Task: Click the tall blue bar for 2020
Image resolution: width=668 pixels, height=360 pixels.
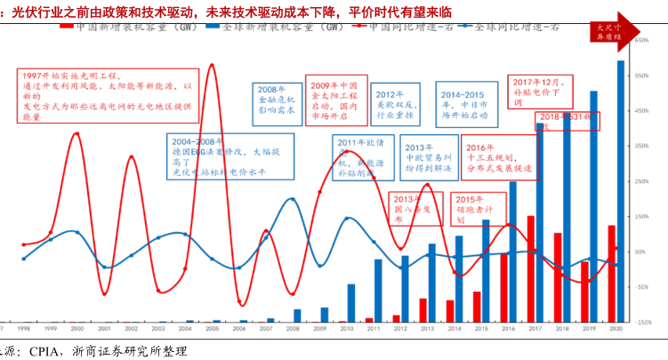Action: pyautogui.click(x=620, y=191)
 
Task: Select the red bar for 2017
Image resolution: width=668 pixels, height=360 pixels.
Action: pyautogui.click(x=531, y=268)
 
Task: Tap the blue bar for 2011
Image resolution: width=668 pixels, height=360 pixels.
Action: pyautogui.click(x=378, y=290)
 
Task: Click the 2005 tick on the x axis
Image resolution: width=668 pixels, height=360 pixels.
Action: pyautogui.click(x=213, y=328)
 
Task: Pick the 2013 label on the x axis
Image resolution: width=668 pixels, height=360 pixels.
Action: pyautogui.click(x=427, y=328)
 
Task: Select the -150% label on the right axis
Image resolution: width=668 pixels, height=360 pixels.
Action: pyautogui.click(x=644, y=322)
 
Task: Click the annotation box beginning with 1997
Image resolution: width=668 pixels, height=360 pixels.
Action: pyautogui.click(x=105, y=97)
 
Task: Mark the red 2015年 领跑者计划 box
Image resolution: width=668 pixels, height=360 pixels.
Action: pyautogui.click(x=472, y=207)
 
